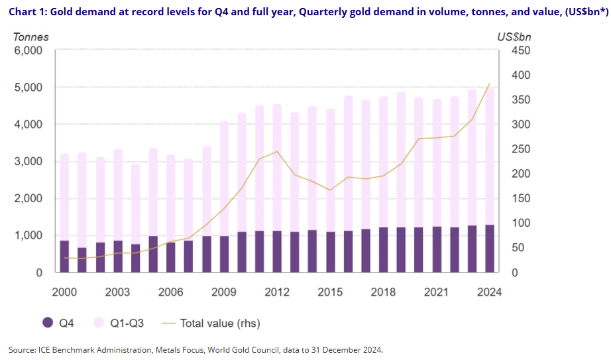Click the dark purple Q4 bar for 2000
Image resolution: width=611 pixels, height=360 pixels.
(64, 257)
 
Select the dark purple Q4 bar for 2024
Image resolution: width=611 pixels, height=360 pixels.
(489, 249)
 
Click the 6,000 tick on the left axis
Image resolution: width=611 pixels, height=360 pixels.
(28, 50)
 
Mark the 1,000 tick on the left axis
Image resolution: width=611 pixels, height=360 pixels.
(28, 235)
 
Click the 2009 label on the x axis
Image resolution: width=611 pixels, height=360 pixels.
(223, 292)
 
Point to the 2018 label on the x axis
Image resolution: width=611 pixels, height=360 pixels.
(383, 292)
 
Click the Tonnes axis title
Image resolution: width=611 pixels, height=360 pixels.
(27, 37)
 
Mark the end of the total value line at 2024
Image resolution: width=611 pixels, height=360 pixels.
(489, 84)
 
